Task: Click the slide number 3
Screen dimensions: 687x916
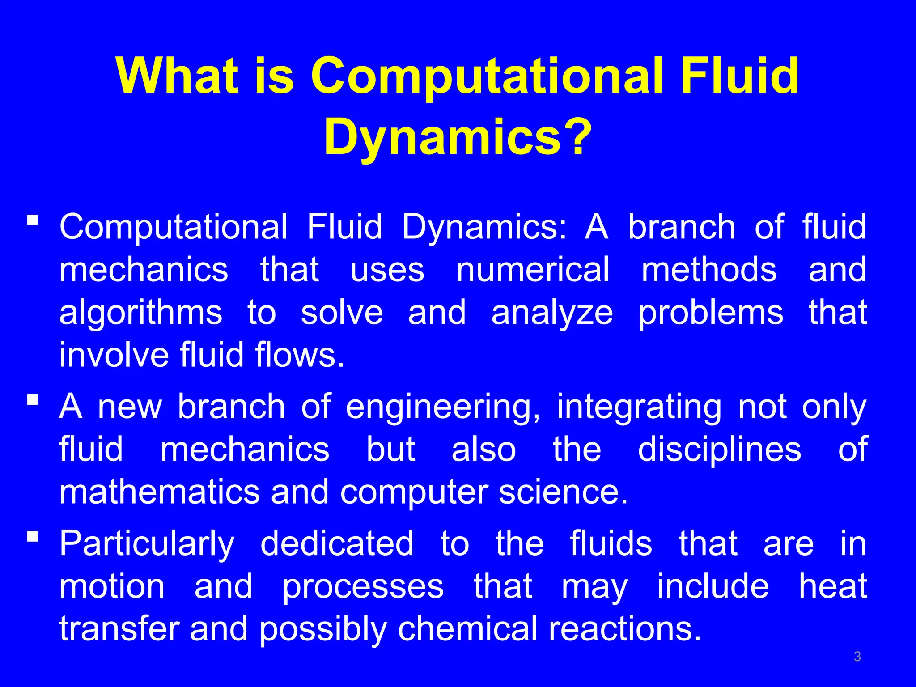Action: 857,657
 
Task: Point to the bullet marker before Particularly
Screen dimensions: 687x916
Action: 32,535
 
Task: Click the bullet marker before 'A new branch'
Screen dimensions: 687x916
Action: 32,399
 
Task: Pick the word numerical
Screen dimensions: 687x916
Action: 533,270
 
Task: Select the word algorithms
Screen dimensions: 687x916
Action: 140,313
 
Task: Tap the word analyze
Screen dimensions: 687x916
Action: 552,313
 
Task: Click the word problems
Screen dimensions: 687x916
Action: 711,313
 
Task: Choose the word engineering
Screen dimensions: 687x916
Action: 443,407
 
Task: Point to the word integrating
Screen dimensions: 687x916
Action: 638,407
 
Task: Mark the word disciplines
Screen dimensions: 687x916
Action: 719,449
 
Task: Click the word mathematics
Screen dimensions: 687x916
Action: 160,492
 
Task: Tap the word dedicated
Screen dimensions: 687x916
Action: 337,543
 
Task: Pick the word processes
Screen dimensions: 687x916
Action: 363,586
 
